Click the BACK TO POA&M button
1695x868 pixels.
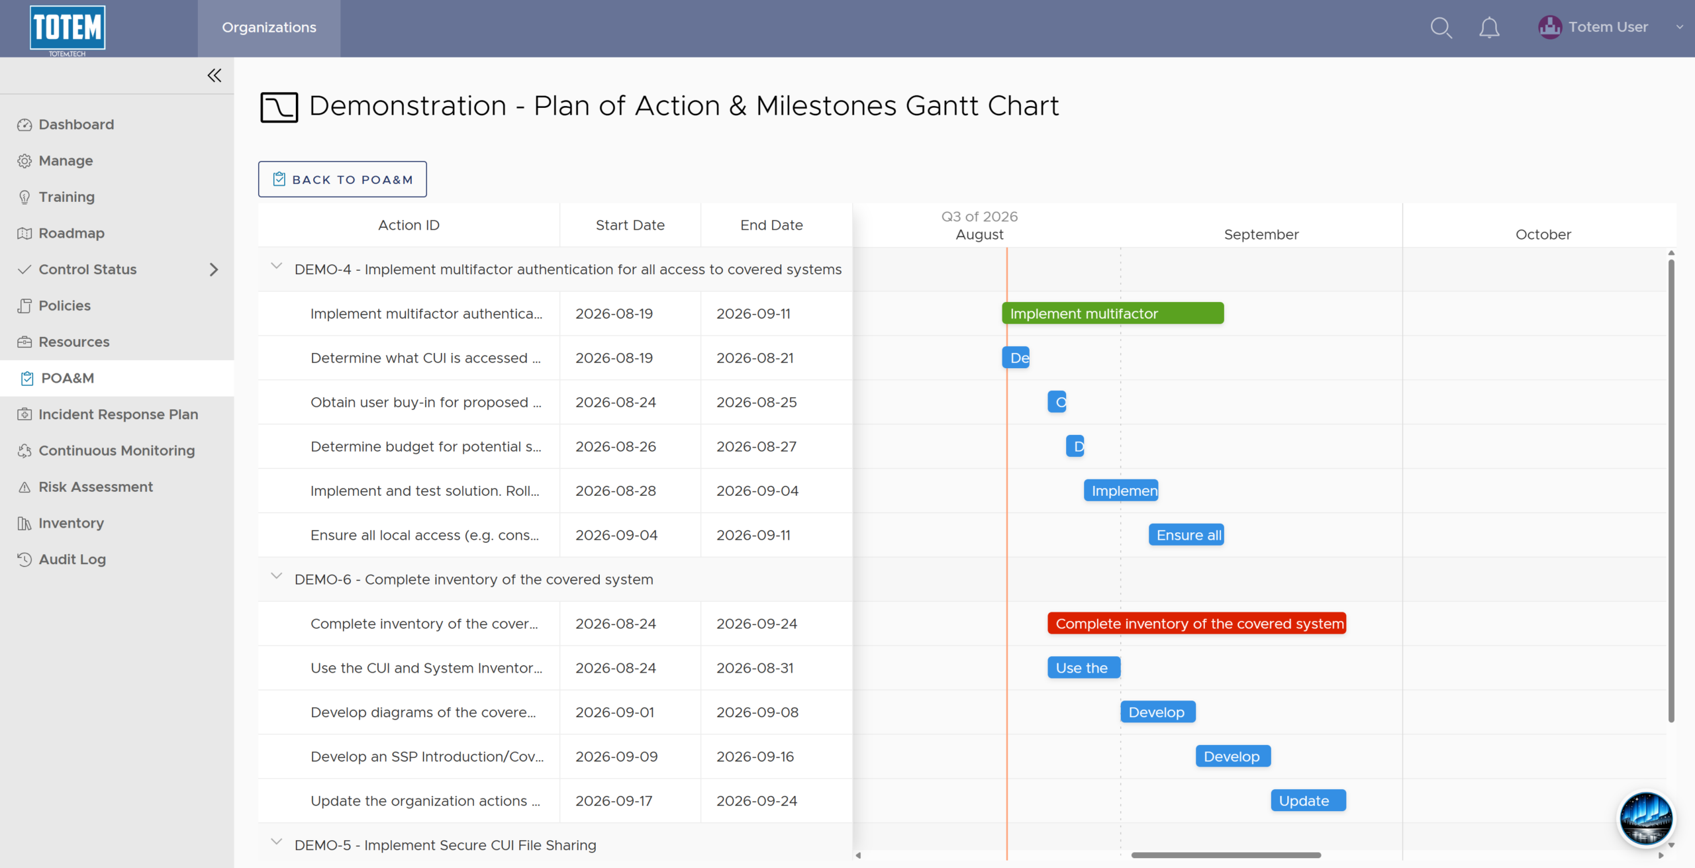pyautogui.click(x=342, y=179)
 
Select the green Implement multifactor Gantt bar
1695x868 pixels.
pyautogui.click(x=1113, y=313)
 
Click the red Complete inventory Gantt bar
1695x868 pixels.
pyautogui.click(x=1197, y=624)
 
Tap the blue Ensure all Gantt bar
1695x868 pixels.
pyautogui.click(x=1186, y=535)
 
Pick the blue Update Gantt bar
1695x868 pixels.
pyautogui.click(x=1308, y=800)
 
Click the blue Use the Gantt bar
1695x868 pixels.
pyautogui.click(x=1084, y=668)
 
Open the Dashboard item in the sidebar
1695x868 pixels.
pyautogui.click(x=76, y=124)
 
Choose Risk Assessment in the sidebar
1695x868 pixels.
pyautogui.click(x=95, y=487)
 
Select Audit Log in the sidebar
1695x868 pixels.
pyautogui.click(x=72, y=559)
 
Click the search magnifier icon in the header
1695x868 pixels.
pyautogui.click(x=1441, y=28)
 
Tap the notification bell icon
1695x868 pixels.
pyautogui.click(x=1489, y=28)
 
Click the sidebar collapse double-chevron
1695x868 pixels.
pyautogui.click(x=214, y=75)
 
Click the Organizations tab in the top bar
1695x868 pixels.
pyautogui.click(x=269, y=28)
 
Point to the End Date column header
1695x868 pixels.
pyautogui.click(x=771, y=225)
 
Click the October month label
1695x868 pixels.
pyautogui.click(x=1543, y=234)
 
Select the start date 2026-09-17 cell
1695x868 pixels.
pyautogui.click(x=614, y=801)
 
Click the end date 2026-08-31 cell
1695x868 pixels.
pyautogui.click(x=755, y=668)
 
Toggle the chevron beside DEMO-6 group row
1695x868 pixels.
pyautogui.click(x=277, y=576)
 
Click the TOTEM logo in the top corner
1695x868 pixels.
pyautogui.click(x=68, y=29)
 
